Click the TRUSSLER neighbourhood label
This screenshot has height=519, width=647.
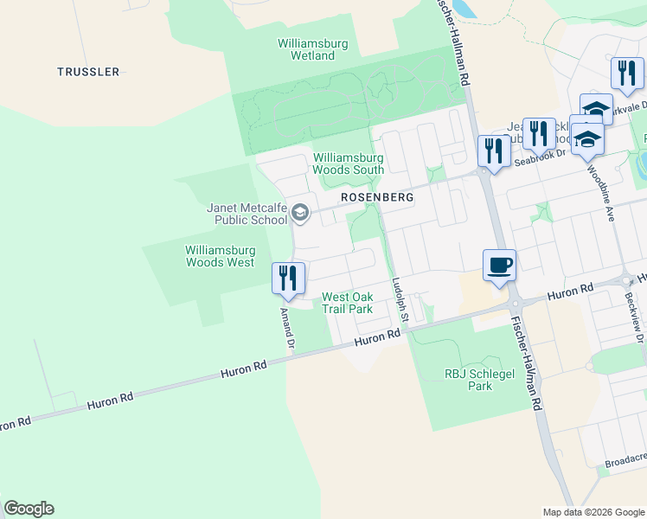88,72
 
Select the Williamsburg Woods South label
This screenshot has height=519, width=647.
348,164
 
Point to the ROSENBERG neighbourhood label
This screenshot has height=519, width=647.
377,197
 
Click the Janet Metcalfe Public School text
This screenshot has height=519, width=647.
247,214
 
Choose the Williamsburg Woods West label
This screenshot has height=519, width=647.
220,256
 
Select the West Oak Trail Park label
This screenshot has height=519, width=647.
347,303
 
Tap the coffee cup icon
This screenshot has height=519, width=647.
499,265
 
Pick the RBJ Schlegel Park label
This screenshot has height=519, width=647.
469,380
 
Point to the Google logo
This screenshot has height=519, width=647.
29,509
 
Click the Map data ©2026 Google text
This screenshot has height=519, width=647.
594,512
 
